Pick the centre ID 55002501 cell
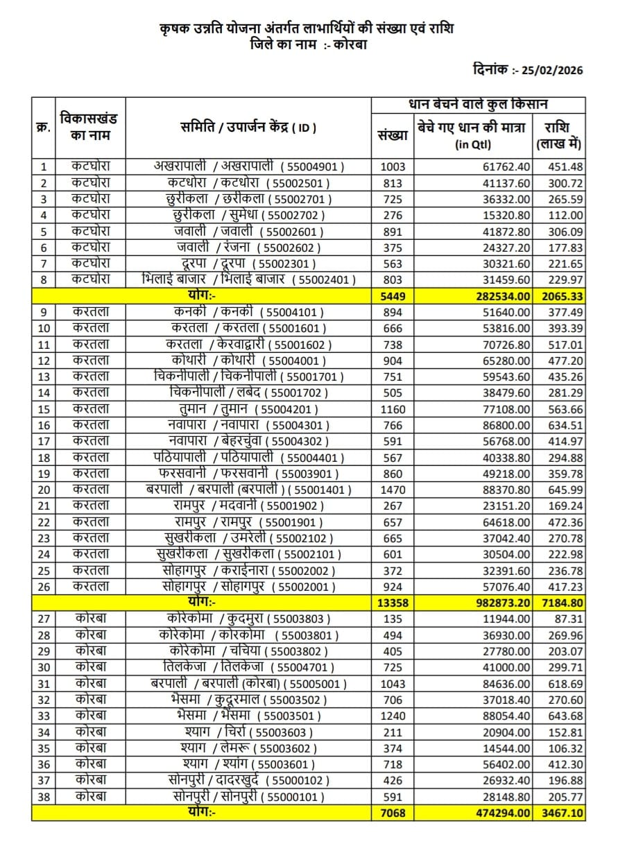249,183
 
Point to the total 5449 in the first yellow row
393,296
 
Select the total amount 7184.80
562,603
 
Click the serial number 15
44,409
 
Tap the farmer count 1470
393,490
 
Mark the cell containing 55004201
249,409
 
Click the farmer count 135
393,619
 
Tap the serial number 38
44,797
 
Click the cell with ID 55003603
249,732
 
